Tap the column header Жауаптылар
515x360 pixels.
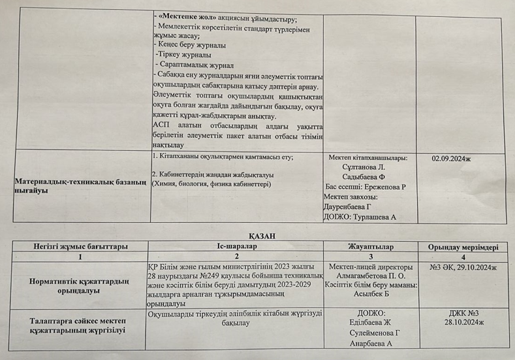(369, 246)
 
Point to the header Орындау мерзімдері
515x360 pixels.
(463, 247)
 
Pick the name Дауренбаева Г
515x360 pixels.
(355, 206)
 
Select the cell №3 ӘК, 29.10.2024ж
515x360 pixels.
(463, 267)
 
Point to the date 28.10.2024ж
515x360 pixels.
(463, 323)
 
